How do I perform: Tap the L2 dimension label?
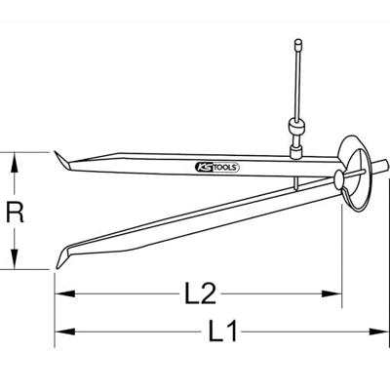199,291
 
